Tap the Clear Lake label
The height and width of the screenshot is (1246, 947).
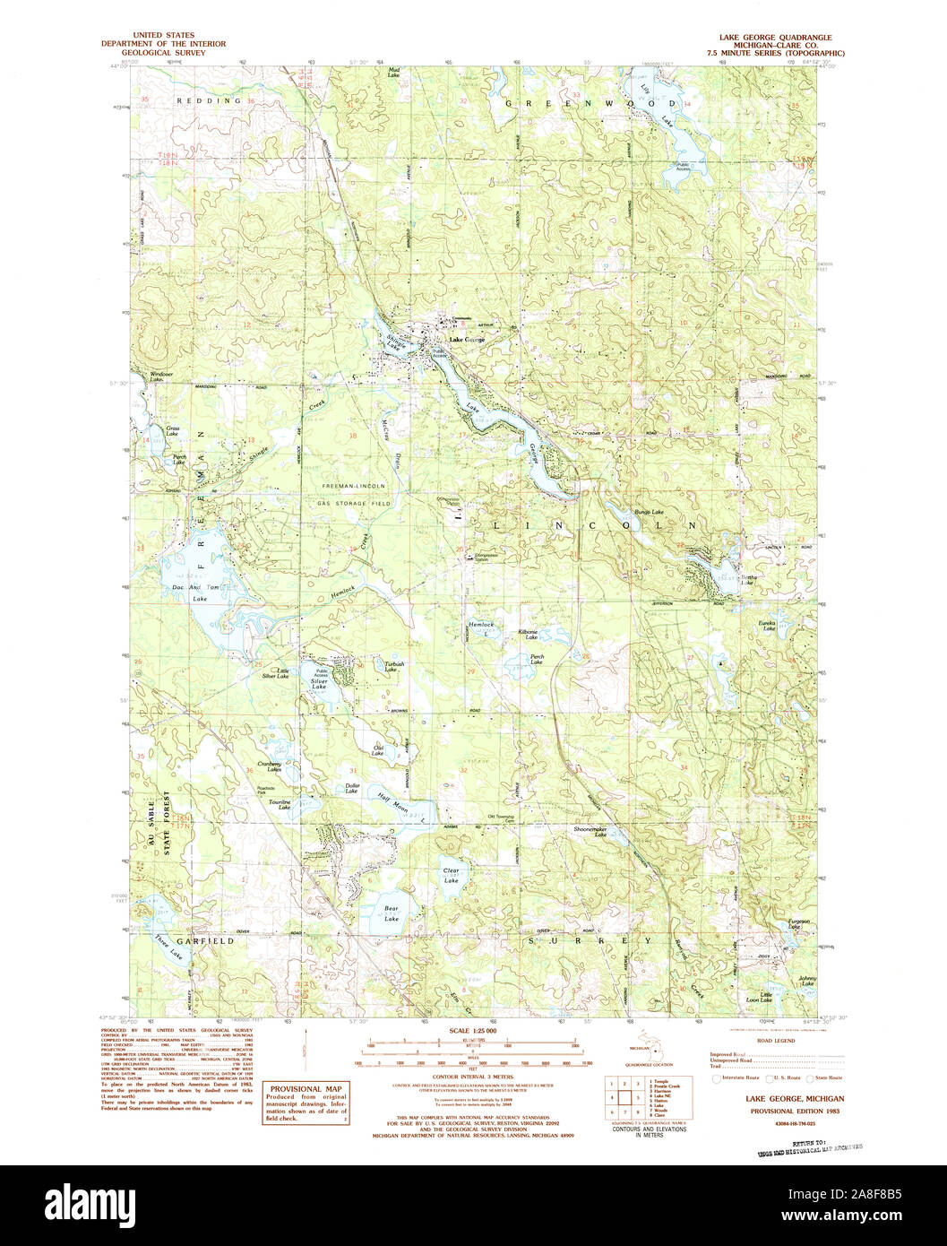click(452, 875)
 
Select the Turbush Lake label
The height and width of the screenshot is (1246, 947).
click(394, 667)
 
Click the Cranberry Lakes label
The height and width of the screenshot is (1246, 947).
click(270, 766)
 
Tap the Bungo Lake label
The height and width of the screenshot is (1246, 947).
click(649, 512)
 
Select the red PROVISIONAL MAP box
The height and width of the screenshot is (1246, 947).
click(306, 1103)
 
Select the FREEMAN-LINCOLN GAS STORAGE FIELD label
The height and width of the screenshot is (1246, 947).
click(355, 491)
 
